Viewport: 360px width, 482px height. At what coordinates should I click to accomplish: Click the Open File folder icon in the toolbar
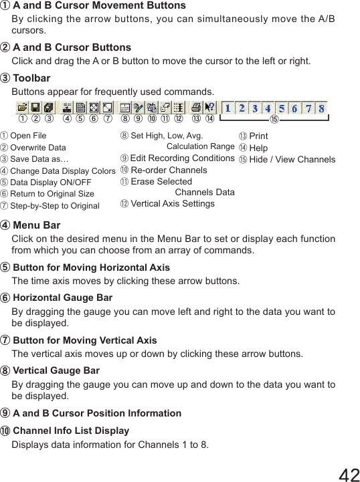(x=22, y=107)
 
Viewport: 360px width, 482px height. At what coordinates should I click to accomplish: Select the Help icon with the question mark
(x=210, y=107)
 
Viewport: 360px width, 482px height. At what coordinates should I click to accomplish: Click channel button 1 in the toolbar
(x=228, y=108)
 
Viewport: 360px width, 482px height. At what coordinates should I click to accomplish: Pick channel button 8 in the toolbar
(x=322, y=108)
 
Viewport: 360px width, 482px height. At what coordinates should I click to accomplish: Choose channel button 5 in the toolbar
(x=282, y=108)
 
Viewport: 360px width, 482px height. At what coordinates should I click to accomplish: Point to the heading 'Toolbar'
(x=31, y=78)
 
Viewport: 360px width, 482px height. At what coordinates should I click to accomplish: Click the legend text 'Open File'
(x=28, y=136)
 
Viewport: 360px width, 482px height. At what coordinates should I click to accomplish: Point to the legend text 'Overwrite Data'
(x=38, y=148)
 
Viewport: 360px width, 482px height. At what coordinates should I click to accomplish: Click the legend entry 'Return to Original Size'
(x=52, y=194)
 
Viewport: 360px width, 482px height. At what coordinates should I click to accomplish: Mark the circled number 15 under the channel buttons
(x=273, y=120)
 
